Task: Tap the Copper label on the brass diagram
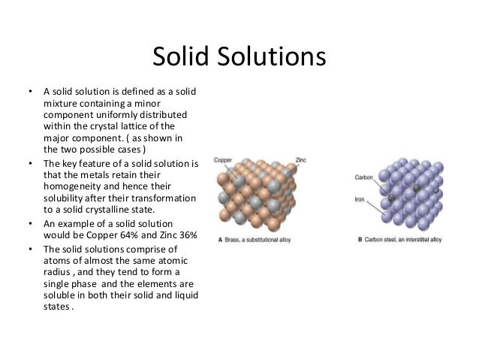(224, 159)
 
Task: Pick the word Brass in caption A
(231, 241)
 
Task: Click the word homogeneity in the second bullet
(72, 187)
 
